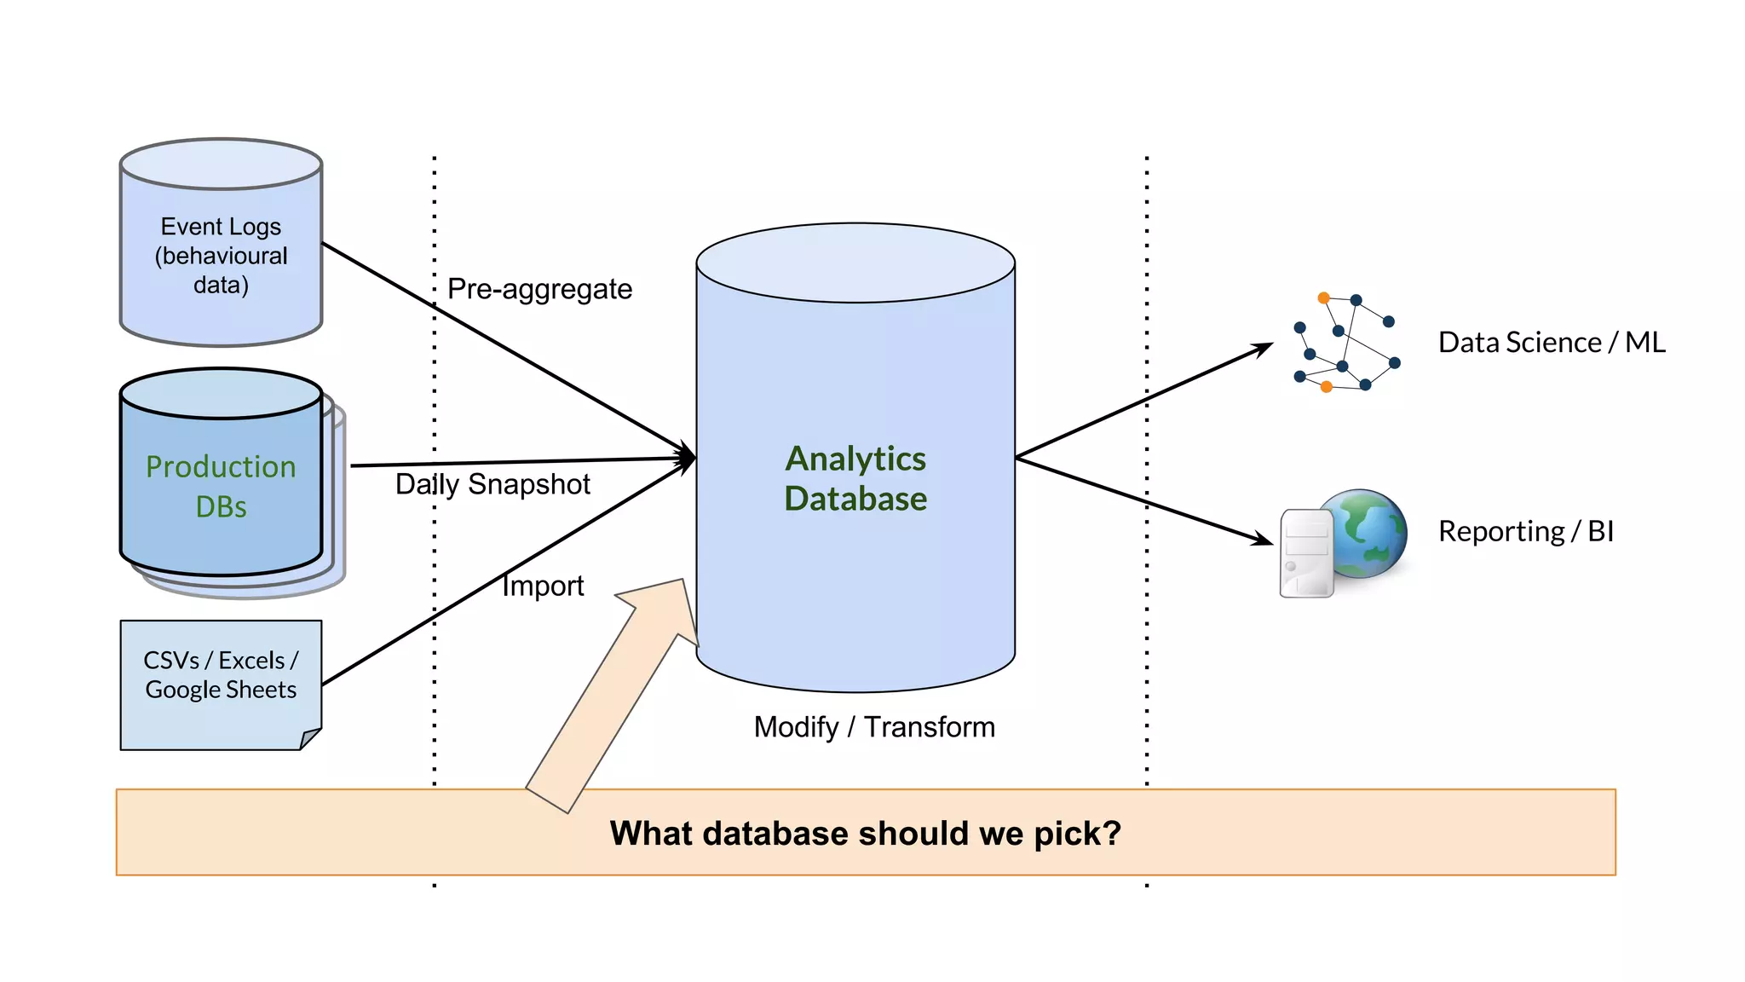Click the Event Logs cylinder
point(221,256)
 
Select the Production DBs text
point(221,486)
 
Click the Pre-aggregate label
point(539,289)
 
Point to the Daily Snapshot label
point(492,484)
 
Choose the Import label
point(543,586)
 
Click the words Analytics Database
point(855,478)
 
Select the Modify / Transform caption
point(874,727)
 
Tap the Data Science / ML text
point(1552,342)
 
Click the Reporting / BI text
point(1526,531)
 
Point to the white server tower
point(1305,554)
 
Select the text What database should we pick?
point(865,833)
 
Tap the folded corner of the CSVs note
point(311,737)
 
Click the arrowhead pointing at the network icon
point(1264,348)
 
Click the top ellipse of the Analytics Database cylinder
point(855,263)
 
